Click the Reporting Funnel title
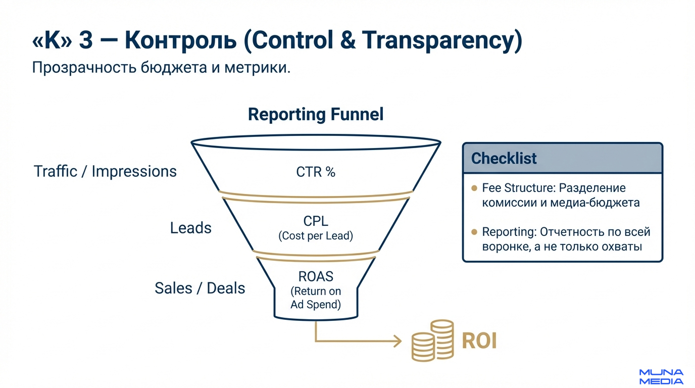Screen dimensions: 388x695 tap(316, 114)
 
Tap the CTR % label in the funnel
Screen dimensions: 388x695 tap(316, 172)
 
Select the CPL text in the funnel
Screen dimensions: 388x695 tap(316, 221)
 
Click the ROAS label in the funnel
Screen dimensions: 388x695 tap(316, 277)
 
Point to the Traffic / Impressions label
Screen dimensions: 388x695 tap(105, 171)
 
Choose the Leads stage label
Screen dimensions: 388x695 tap(190, 228)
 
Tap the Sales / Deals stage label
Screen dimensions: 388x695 tap(200, 288)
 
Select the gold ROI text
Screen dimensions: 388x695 tap(479, 341)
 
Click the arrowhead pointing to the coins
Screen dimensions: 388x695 tap(397, 342)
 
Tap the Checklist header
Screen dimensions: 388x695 tap(504, 158)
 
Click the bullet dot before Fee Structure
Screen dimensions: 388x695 tap(474, 188)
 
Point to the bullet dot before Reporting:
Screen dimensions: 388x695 tap(474, 232)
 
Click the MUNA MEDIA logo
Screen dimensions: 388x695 tap(661, 376)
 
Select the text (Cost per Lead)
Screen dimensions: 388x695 tap(316, 235)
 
